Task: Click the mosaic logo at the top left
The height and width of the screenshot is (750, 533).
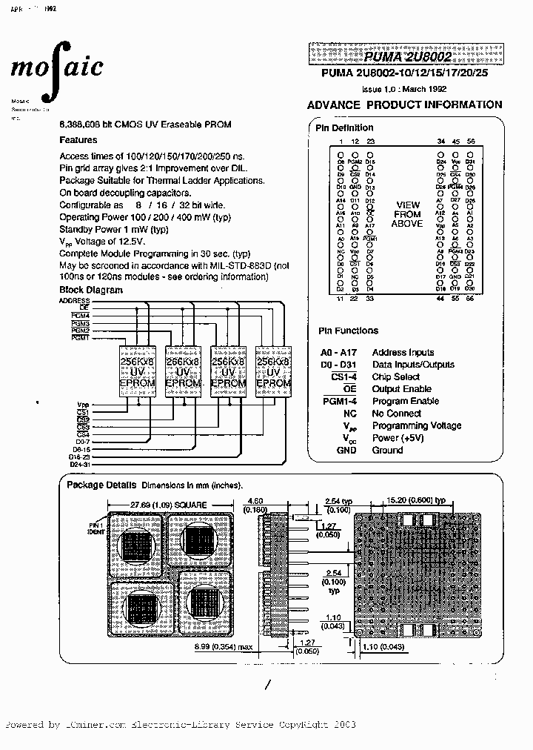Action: click(56, 69)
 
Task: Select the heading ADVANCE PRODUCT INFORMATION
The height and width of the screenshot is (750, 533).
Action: click(404, 104)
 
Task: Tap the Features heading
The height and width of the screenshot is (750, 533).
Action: click(78, 139)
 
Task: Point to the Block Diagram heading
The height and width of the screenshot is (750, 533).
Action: click(90, 290)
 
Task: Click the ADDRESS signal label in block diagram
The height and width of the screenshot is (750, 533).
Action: click(74, 301)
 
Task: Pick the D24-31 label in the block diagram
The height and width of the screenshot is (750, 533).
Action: click(78, 465)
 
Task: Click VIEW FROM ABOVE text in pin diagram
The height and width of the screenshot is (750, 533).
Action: click(406, 214)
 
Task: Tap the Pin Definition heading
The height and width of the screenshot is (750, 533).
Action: click(345, 127)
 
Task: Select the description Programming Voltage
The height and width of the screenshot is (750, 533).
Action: click(416, 425)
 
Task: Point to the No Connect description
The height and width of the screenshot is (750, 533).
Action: click(397, 413)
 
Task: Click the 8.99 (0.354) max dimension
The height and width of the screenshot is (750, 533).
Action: click(224, 647)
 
